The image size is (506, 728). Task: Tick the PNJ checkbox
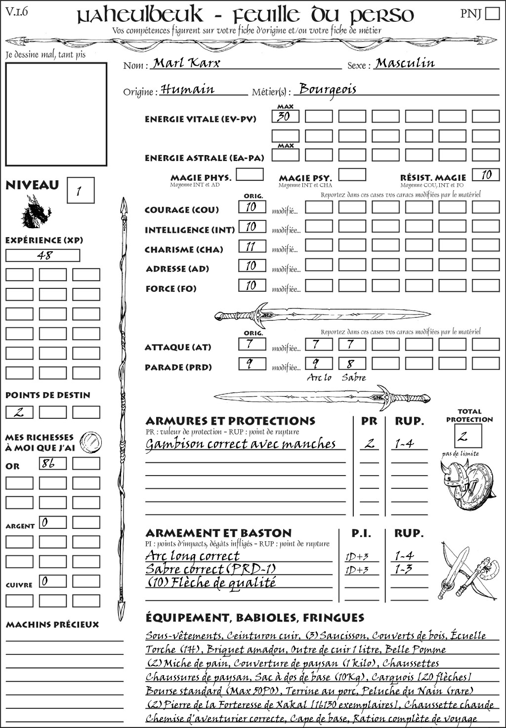click(x=492, y=13)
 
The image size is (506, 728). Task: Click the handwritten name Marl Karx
click(x=186, y=63)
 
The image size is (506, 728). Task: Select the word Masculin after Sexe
click(x=405, y=63)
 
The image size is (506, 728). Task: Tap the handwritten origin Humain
click(x=188, y=89)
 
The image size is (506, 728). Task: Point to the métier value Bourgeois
click(x=328, y=89)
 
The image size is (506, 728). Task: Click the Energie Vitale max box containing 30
click(x=285, y=117)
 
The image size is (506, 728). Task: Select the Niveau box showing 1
click(x=80, y=191)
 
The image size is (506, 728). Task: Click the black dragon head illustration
click(x=36, y=211)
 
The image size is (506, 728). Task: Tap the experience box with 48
click(x=42, y=255)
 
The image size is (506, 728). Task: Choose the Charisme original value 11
click(x=252, y=246)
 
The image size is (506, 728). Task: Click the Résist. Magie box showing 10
click(x=486, y=175)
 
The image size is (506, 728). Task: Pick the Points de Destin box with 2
click(x=19, y=412)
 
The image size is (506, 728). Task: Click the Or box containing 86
click(x=53, y=463)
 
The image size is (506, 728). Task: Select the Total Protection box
click(x=468, y=436)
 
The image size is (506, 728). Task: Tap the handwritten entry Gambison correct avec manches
click(x=241, y=444)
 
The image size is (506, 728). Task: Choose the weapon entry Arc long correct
click(x=192, y=556)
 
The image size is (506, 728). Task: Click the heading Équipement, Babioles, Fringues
click(x=254, y=618)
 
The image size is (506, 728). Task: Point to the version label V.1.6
click(x=17, y=12)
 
